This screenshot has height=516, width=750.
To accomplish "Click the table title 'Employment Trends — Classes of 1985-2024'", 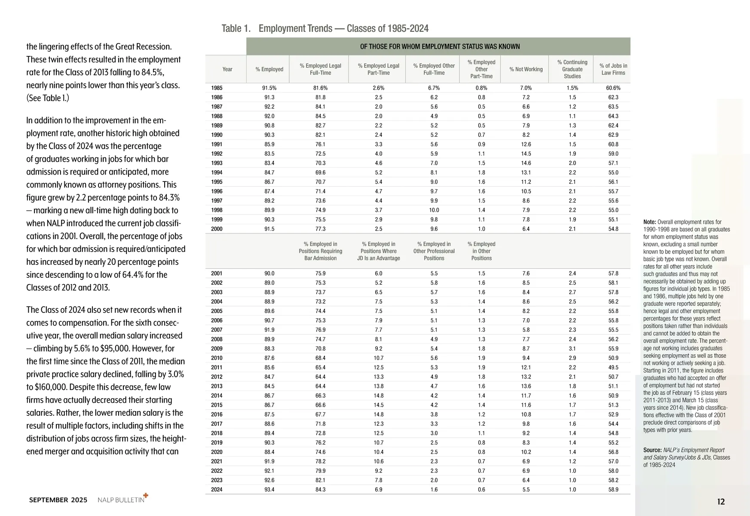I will [x=343, y=28].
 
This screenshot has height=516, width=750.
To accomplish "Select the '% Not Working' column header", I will [x=526, y=69].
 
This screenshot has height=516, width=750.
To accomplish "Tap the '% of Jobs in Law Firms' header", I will [x=613, y=69].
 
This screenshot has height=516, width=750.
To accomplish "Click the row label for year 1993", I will [x=217, y=163].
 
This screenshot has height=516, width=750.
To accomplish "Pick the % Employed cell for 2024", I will [x=269, y=489].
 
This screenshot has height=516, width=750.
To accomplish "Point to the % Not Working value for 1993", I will [x=526, y=163].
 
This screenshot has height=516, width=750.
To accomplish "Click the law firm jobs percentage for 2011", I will [x=613, y=367].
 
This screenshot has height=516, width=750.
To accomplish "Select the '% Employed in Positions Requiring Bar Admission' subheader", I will [x=320, y=251].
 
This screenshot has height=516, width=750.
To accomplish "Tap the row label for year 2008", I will [x=217, y=339].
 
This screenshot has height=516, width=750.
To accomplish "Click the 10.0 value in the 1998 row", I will [x=434, y=210].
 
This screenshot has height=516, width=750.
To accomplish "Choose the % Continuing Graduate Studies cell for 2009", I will [x=572, y=349].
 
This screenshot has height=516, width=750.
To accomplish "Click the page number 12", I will [x=721, y=501].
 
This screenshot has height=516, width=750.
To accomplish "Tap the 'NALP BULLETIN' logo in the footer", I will [x=122, y=500].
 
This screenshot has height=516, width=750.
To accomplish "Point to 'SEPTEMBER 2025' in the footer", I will [x=58, y=500].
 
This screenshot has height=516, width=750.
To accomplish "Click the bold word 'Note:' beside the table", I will [x=650, y=222].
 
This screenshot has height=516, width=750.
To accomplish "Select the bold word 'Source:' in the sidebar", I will [x=652, y=450].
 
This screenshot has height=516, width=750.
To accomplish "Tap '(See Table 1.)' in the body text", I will [x=48, y=98].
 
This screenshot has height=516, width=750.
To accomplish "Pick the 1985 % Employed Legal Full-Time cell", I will [x=320, y=88].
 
